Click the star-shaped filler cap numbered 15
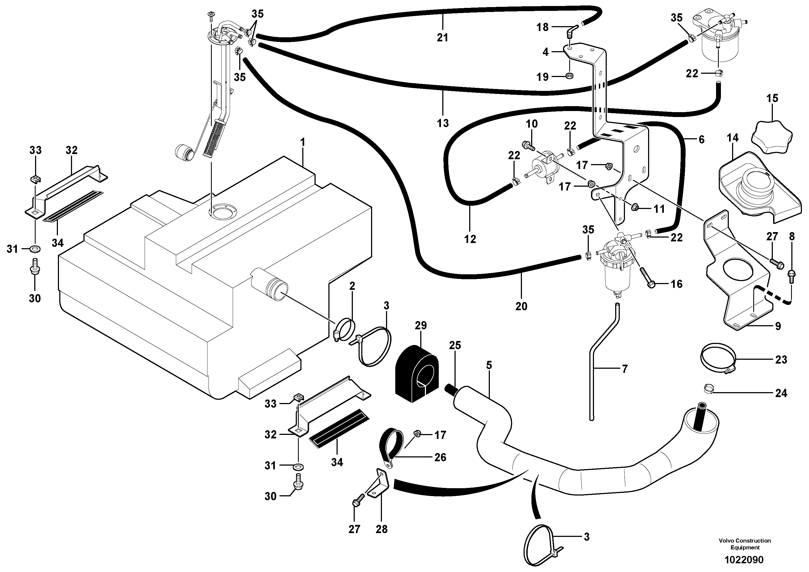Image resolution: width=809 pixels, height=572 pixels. (x=772, y=136)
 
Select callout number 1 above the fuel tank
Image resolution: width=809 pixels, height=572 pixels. (x=302, y=143)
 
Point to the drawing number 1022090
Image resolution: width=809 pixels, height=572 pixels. (x=743, y=560)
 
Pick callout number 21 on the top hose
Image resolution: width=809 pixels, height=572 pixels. (x=442, y=37)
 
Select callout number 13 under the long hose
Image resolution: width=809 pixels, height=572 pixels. (x=443, y=123)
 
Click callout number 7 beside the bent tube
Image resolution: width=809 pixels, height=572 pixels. (x=624, y=369)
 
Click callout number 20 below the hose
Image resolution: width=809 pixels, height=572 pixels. (x=521, y=306)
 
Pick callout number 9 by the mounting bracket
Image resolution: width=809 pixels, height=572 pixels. (x=778, y=326)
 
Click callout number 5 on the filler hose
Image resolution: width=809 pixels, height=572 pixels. (x=489, y=365)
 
